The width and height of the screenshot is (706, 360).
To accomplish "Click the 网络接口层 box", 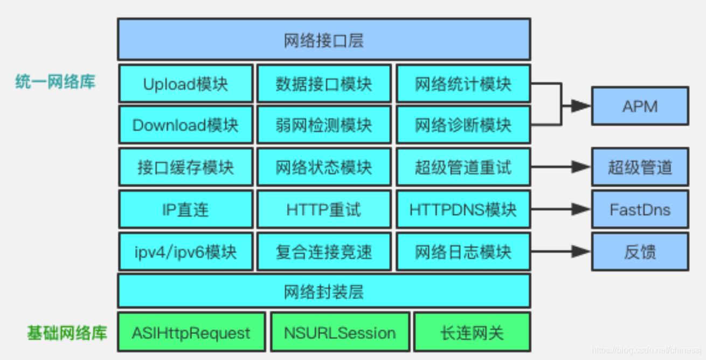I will [x=323, y=39].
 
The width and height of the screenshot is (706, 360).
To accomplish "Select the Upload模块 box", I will [x=185, y=84].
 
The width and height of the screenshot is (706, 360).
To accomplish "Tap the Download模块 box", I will [x=185, y=125].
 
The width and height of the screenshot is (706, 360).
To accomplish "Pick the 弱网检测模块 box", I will [x=323, y=125].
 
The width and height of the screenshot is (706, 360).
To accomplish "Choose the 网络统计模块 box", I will [x=463, y=84].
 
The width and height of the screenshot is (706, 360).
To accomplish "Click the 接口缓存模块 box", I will [x=185, y=167].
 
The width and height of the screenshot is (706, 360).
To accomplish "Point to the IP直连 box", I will [x=185, y=209].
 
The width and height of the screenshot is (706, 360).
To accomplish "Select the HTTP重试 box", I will [x=323, y=209].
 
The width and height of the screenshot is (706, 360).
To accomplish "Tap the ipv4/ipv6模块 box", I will [x=185, y=251].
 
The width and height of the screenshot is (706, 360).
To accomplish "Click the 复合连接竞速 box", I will [x=323, y=251].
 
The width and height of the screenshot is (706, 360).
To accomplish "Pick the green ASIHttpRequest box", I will [x=191, y=333].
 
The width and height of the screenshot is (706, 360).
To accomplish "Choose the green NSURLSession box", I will [x=340, y=333].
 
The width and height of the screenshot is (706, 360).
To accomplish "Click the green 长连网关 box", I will [x=472, y=333].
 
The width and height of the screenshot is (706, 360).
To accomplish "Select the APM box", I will [x=640, y=106].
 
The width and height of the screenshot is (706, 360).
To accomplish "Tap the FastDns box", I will [x=640, y=209].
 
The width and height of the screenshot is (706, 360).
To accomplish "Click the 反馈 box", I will [x=640, y=251].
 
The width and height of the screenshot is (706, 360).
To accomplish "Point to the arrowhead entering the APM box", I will [x=581, y=106].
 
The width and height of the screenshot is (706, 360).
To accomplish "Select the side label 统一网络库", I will [x=55, y=82].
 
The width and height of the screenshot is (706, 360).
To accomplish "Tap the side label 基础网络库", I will [x=67, y=333].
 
